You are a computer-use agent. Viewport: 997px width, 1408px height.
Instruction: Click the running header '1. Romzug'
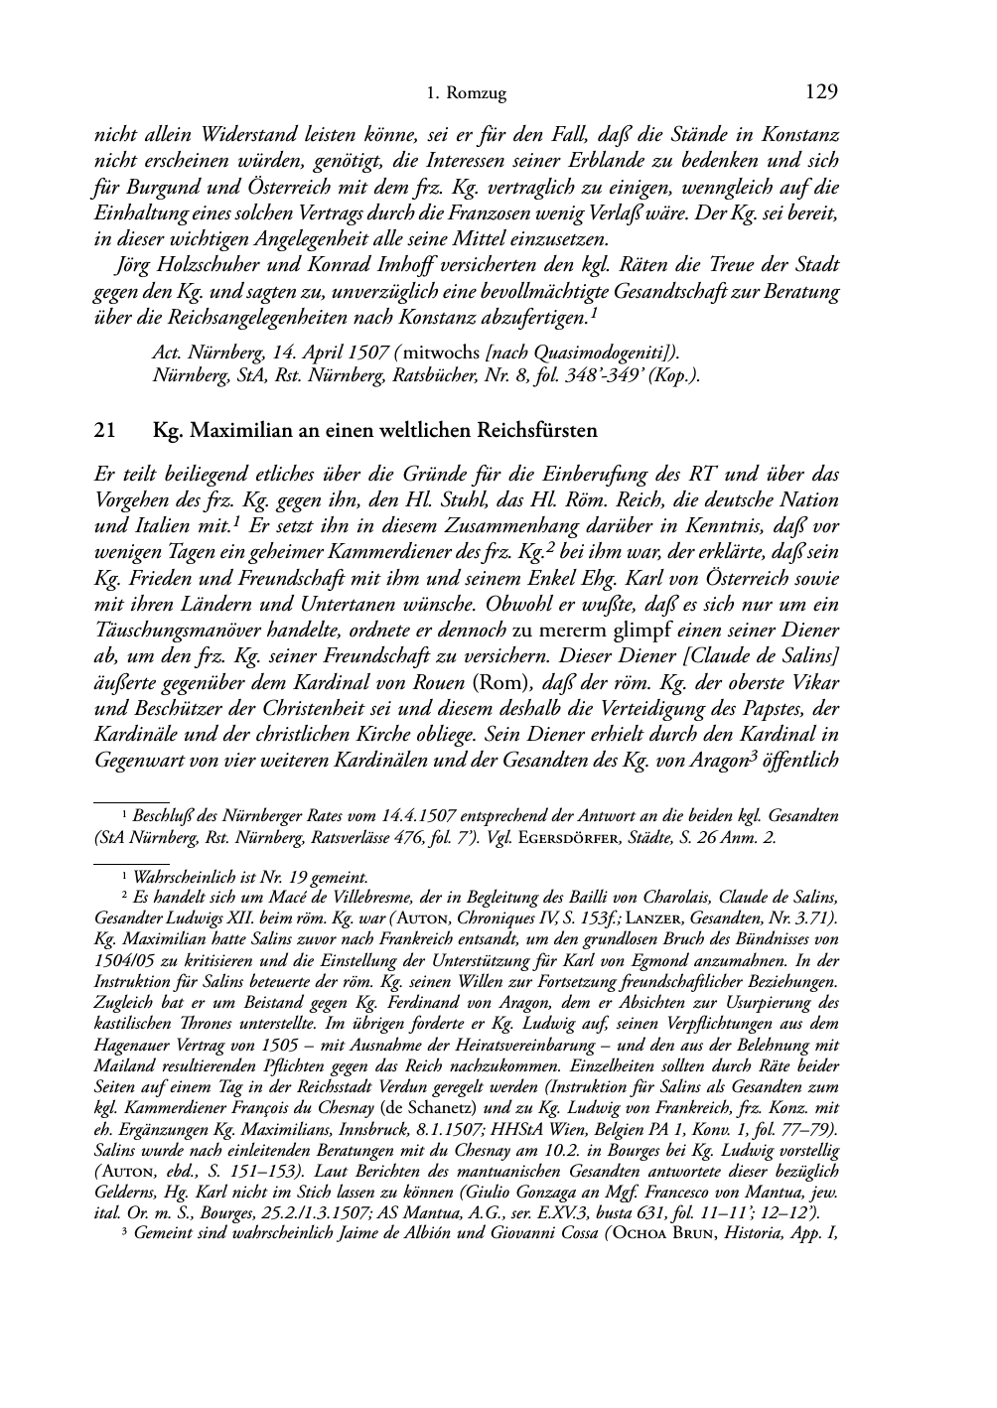(466, 94)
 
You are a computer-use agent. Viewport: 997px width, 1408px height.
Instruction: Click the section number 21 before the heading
(103, 430)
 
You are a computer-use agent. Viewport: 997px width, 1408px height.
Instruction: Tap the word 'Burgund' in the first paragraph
(155, 188)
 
